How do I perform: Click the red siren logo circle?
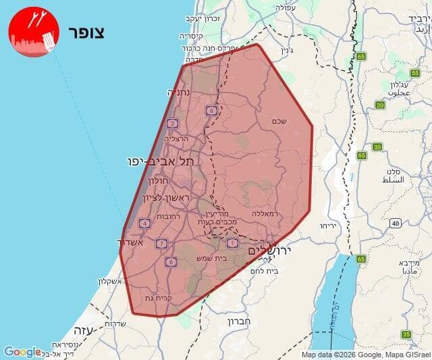coord(34,31)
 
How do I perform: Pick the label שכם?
coord(279,120)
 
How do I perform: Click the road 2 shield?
coord(172,123)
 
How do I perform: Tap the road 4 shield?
coord(144,224)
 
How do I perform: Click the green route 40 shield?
coord(395,223)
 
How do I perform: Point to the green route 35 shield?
coord(406,334)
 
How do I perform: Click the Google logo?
coord(22,352)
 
